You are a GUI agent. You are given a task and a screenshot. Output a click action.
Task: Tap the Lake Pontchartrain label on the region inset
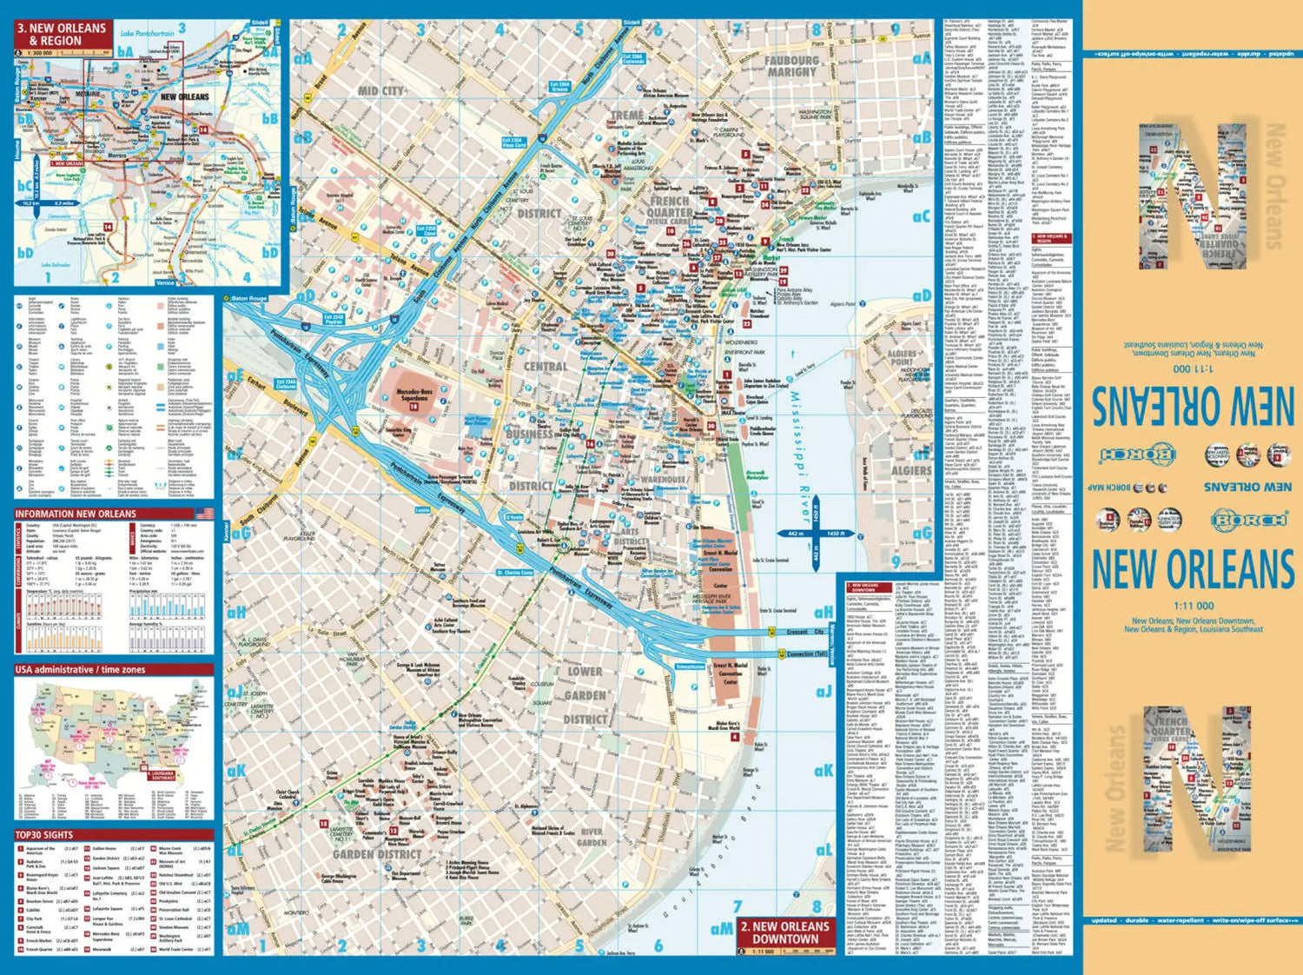(146, 33)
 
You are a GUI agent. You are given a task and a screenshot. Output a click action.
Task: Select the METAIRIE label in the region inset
(87, 94)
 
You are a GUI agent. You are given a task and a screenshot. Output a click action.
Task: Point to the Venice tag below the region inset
(164, 282)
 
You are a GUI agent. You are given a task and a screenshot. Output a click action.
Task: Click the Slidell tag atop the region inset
(259, 23)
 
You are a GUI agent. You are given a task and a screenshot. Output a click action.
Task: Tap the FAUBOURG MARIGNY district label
(791, 66)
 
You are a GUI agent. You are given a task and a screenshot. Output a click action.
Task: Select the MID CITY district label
(381, 90)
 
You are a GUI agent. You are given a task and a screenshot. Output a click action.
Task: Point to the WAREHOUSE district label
(663, 479)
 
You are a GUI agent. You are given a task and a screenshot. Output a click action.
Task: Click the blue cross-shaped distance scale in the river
(815, 534)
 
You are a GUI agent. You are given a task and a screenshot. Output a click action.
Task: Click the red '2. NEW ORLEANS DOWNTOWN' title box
(785, 932)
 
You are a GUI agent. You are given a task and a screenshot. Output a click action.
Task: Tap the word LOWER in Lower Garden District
(585, 671)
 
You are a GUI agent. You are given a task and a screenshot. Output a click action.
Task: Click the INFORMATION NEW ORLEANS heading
(76, 514)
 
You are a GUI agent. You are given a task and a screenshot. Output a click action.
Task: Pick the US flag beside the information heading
(204, 514)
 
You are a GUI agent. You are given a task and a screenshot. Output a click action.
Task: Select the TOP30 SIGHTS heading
(44, 834)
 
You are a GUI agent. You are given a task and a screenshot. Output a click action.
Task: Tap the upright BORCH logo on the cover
(1249, 520)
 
